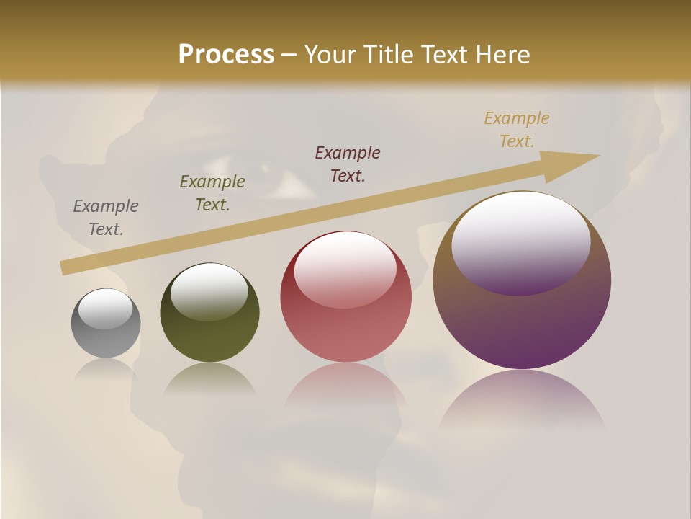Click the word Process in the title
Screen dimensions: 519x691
pos(226,55)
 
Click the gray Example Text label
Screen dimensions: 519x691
pos(106,218)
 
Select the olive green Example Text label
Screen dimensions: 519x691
pos(212,193)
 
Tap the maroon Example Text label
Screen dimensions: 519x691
pos(348,164)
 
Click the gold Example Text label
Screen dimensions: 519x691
pos(517,130)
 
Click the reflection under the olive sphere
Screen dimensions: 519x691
pos(209,381)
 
